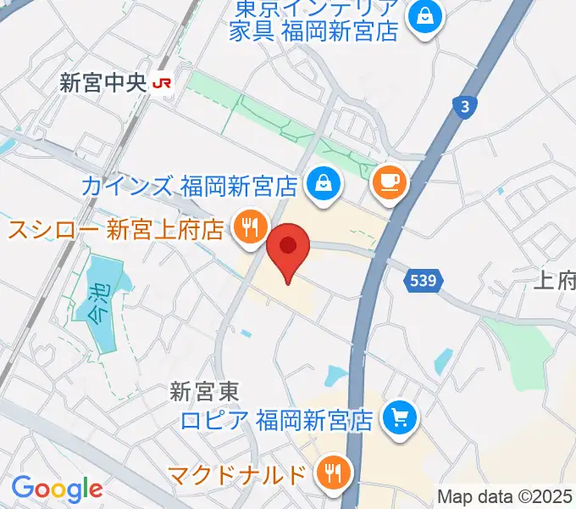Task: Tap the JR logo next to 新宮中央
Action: [x=162, y=83]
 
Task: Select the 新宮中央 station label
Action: [x=102, y=83]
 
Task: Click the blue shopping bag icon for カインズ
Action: [x=323, y=181]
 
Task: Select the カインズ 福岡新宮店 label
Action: [x=190, y=184]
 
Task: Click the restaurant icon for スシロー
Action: [x=248, y=227]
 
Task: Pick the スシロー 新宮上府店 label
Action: [x=116, y=229]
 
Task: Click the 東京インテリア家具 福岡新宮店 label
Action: [x=315, y=21]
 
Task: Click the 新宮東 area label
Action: [x=204, y=391]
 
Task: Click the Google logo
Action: [x=57, y=489]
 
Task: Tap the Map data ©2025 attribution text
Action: [x=505, y=496]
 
